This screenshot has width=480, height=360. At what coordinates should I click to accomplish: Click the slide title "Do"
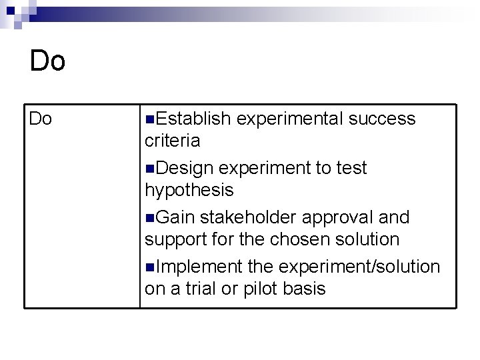48,61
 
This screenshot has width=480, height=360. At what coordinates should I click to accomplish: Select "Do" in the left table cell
41,119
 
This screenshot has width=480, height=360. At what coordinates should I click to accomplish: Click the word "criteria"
172,141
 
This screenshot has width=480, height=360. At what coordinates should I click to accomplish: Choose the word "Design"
186,169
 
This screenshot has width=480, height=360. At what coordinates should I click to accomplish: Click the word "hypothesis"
189,190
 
